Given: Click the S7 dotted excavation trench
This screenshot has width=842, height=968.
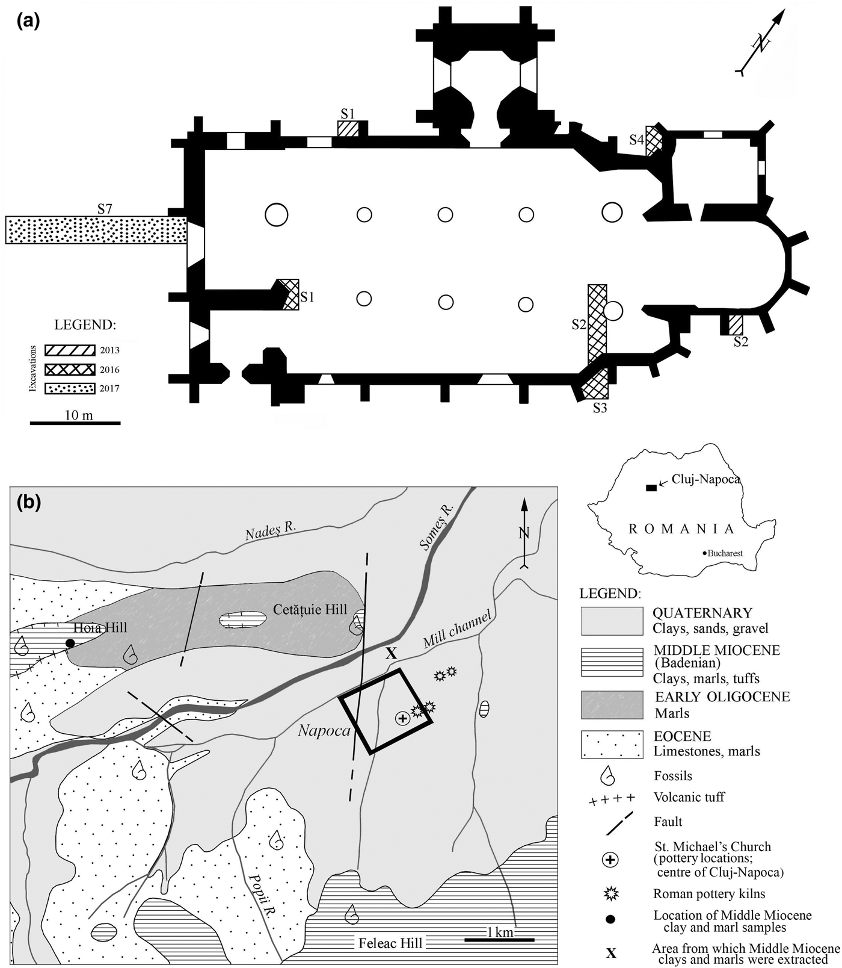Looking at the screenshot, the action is coord(96,230).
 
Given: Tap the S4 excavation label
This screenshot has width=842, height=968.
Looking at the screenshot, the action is coord(637,140).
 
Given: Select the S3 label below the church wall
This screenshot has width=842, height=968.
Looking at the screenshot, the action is coord(600,408).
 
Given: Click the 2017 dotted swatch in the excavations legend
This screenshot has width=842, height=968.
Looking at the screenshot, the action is coord(70,388).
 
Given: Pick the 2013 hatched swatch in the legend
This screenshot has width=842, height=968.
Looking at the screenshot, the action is coord(70,350).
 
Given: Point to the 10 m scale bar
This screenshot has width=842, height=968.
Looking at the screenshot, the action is coord(75,423).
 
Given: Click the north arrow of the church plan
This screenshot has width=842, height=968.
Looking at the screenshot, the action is coord(761,43).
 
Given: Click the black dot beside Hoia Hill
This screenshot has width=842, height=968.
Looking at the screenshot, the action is coord(70,644).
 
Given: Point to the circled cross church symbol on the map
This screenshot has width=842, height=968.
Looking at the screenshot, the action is coord(402,718).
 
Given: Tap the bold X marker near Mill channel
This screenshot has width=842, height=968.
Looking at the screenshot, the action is coord(392,653).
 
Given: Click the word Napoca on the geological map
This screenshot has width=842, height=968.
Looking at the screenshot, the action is coord(324,731).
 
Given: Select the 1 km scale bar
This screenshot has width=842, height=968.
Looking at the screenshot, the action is coord(499,939).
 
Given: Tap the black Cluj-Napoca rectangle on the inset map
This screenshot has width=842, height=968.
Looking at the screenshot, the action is coord(651,487).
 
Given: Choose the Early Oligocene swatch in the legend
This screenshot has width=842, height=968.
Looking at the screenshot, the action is coord(612,704).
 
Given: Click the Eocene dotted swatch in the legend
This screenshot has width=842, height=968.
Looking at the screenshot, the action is coord(612,745).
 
